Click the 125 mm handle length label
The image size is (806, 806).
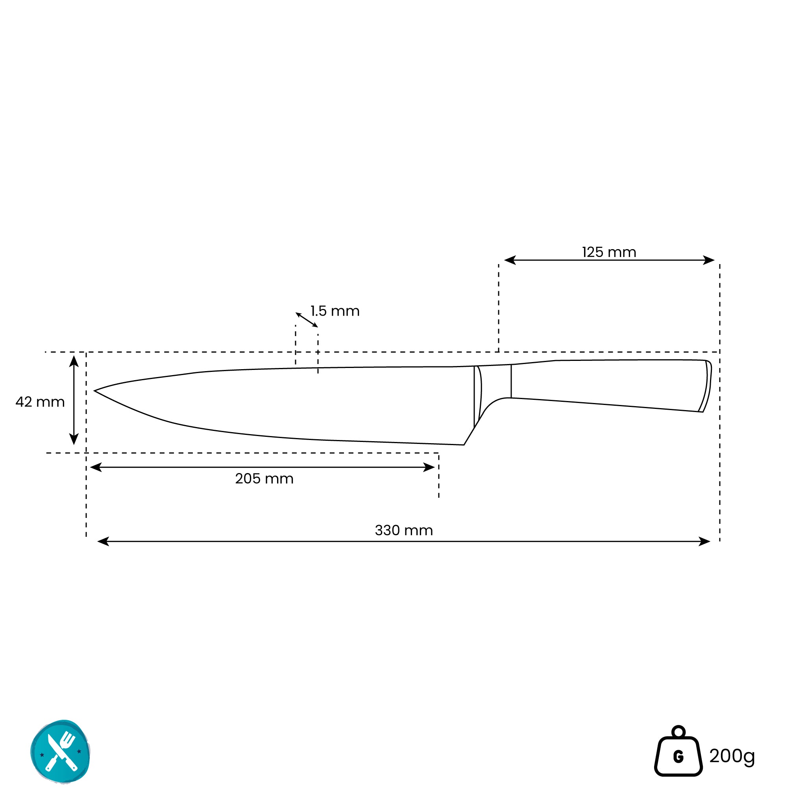point(609,252)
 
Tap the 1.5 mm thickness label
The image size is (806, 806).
point(335,311)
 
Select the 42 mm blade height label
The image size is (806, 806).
point(40,402)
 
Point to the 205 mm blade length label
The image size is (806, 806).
point(264,479)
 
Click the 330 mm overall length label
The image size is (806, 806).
point(404,530)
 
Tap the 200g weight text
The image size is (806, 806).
point(732,756)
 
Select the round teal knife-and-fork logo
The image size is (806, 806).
point(61,752)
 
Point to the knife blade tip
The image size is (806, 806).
point(96,391)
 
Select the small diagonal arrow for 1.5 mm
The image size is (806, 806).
point(307,320)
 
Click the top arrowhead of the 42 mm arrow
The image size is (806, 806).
point(74,360)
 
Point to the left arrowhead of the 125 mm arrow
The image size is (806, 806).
point(510,260)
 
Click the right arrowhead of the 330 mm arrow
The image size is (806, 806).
point(704,542)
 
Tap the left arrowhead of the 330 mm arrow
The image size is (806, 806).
point(103,542)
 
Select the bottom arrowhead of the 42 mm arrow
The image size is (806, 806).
point(74,439)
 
